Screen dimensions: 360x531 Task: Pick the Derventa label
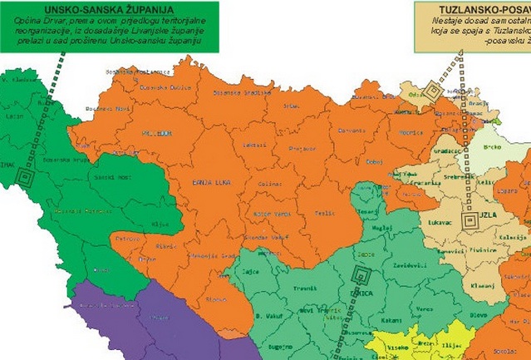351,131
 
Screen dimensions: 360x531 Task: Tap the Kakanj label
392,318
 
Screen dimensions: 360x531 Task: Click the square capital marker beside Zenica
361,274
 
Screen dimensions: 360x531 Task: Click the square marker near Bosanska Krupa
26,177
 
